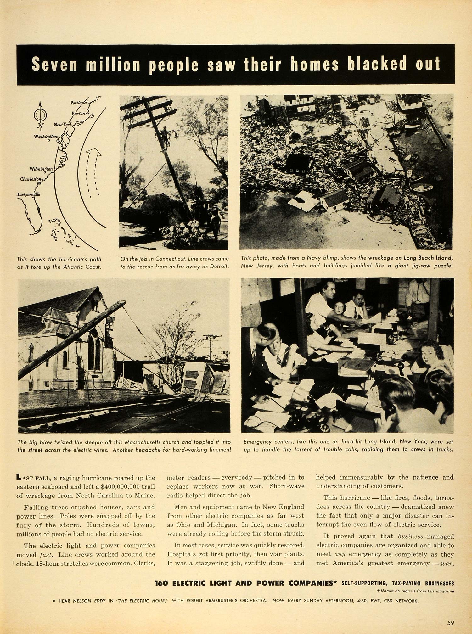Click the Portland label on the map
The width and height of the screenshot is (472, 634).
[78, 103]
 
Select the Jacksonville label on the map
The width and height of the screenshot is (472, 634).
[28, 194]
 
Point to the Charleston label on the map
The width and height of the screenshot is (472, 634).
[31, 179]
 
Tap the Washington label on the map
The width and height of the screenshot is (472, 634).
[46, 137]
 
